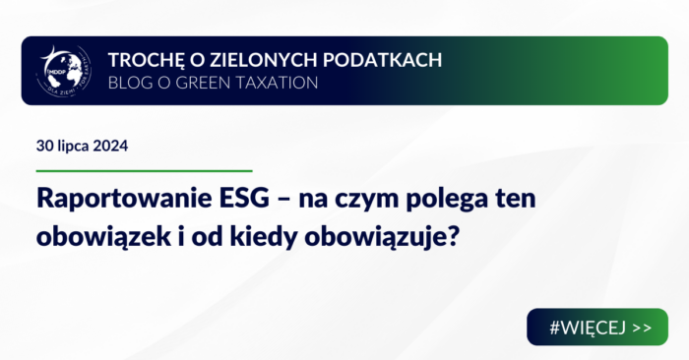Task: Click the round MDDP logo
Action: [63, 70]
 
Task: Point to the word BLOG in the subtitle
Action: [128, 83]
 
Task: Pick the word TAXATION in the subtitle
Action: [277, 83]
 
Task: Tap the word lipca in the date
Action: [77, 146]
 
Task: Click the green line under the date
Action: [144, 170]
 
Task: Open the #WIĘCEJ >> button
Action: [596, 327]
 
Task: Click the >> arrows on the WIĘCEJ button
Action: [640, 327]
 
